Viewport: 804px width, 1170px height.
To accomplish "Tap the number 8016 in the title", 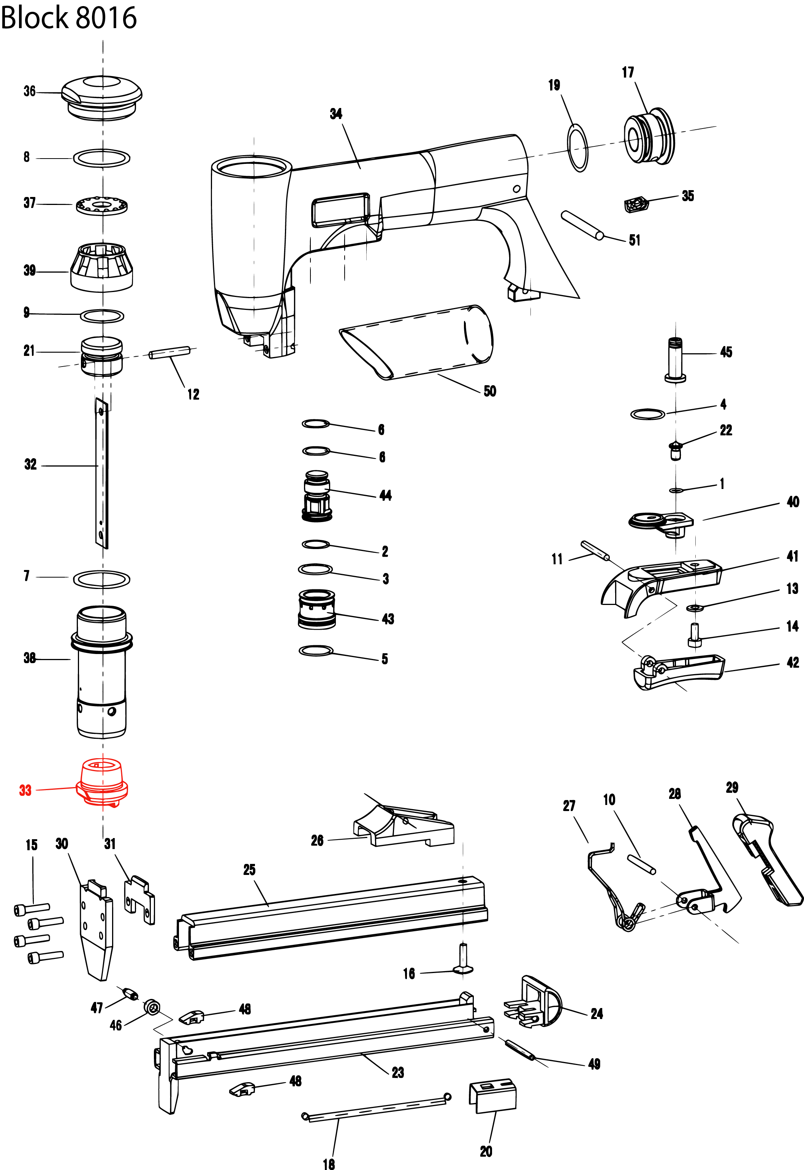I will click(106, 17).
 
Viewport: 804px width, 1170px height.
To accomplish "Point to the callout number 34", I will click(336, 114).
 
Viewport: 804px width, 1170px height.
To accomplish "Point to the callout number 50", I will click(490, 391).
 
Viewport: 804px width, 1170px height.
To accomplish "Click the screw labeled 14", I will click(694, 635).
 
